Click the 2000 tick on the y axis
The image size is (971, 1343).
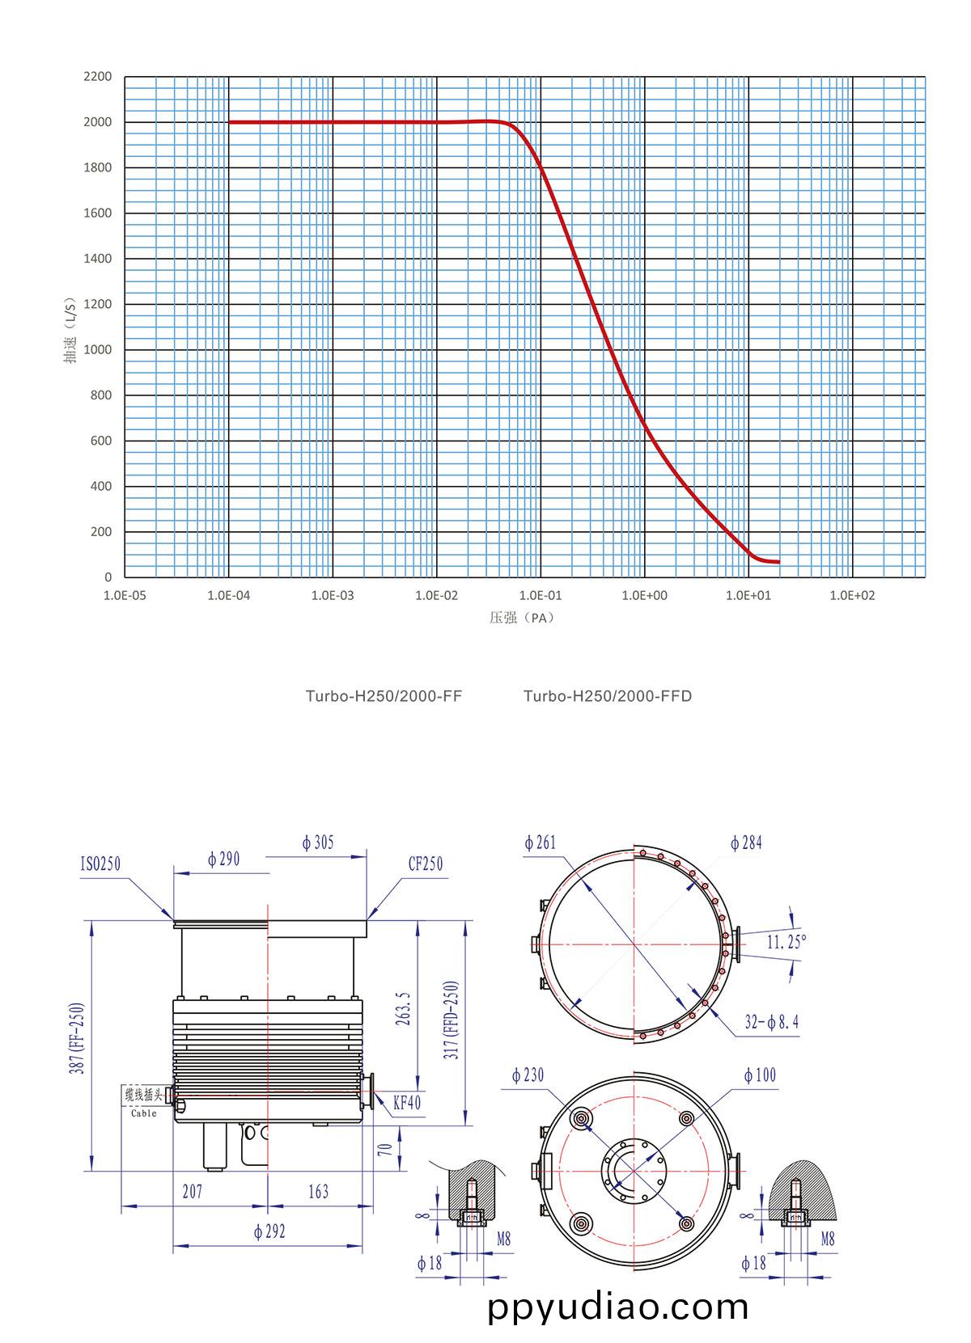(96, 122)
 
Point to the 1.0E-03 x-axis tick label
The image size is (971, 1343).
(333, 596)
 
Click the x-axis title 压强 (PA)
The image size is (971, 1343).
(523, 618)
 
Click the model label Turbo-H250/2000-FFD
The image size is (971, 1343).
(607, 696)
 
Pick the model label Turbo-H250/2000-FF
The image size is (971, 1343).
(384, 696)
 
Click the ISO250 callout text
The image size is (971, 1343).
(100, 864)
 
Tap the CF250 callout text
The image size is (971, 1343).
(425, 864)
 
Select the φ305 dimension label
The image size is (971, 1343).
(317, 843)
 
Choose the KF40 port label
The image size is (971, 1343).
(407, 1102)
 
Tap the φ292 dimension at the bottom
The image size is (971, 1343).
(269, 1232)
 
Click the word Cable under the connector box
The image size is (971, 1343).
(144, 1113)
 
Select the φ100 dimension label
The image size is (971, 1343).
(759, 1075)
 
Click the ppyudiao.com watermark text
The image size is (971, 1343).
(618, 1307)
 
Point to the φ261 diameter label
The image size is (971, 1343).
(540, 843)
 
